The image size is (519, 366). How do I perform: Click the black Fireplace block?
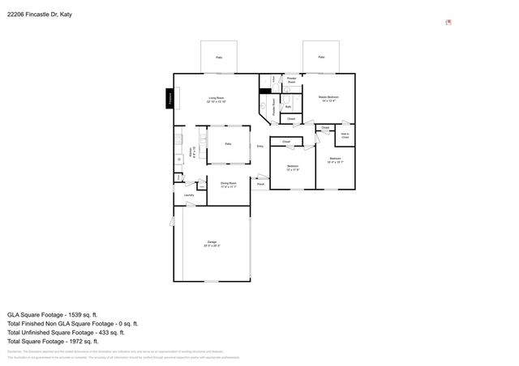click(x=170, y=99)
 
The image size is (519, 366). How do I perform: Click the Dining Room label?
click(x=229, y=185)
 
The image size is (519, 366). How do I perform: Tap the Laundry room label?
click(x=188, y=195)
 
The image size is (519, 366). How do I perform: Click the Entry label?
click(x=260, y=146)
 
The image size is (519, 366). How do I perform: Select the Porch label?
click(x=260, y=185)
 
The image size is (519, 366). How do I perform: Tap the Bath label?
click(x=288, y=106)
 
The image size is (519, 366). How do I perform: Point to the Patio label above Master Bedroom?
click(x=321, y=57)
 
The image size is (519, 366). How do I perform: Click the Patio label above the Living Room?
click(x=218, y=57)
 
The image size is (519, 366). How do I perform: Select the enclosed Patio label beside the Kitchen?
click(x=229, y=143)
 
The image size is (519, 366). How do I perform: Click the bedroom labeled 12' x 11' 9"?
click(x=293, y=168)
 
